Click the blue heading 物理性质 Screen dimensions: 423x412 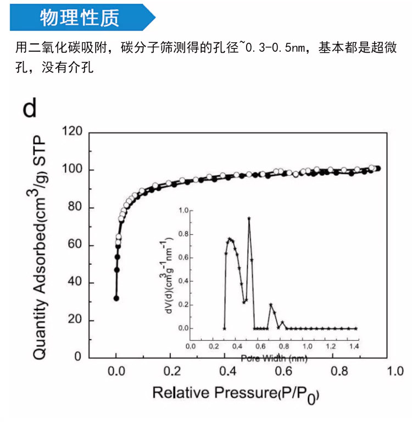79,18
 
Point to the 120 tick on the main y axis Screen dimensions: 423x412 73,132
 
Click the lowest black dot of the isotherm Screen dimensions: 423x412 116,298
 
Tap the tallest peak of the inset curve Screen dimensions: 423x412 249,219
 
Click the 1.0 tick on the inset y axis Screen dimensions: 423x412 184,210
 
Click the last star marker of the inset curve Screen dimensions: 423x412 356,328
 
